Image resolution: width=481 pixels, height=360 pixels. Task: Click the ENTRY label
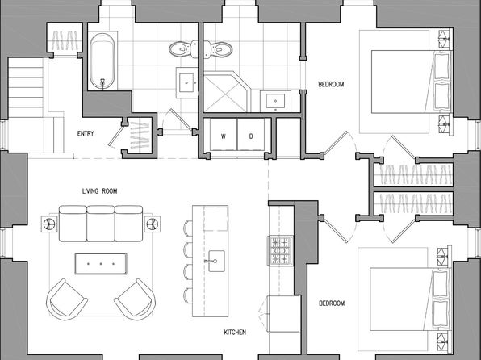(x=86, y=133)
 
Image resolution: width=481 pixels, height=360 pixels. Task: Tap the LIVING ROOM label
(x=100, y=191)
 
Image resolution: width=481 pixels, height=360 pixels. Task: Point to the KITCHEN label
(x=235, y=332)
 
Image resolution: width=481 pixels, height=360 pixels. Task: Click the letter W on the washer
(x=224, y=136)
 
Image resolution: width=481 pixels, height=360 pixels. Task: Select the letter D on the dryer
(x=251, y=136)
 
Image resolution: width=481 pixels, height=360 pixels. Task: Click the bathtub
(x=102, y=61)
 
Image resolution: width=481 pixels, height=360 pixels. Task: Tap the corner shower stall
(x=227, y=92)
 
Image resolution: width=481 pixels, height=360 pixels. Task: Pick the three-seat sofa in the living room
(x=101, y=224)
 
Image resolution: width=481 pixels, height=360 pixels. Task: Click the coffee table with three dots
(x=101, y=264)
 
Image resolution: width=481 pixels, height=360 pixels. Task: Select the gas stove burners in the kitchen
(x=280, y=250)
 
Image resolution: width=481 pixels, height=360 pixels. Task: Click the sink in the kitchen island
(x=216, y=262)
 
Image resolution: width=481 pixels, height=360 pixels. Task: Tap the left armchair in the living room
(x=66, y=299)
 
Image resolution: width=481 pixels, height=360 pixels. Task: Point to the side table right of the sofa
(x=153, y=224)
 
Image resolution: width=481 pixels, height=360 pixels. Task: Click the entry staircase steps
(x=26, y=87)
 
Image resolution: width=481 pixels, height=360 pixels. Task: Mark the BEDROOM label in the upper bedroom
(x=332, y=84)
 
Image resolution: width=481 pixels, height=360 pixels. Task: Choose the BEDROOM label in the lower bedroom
(x=332, y=303)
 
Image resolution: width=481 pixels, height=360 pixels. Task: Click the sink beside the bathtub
(x=186, y=82)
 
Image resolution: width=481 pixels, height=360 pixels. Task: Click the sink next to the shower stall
(x=275, y=101)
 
